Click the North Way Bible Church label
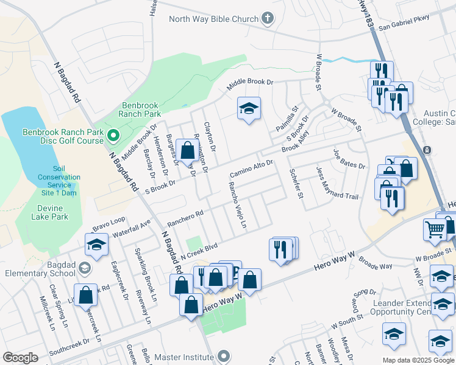[x=214, y=19]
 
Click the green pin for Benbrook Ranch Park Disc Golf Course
[x=112, y=135]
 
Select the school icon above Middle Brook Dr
[x=248, y=108]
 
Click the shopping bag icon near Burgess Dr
[x=188, y=149]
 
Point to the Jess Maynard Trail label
[x=337, y=183]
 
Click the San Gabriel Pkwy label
[x=404, y=22]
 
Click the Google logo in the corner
[x=20, y=358]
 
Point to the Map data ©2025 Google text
[x=418, y=360]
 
